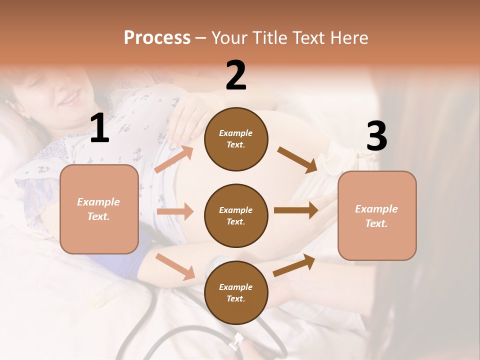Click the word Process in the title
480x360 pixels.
[x=157, y=38]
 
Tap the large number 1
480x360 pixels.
[x=99, y=128]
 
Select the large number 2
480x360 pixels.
[x=236, y=75]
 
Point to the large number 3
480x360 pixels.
[x=376, y=136]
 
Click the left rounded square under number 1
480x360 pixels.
[x=99, y=209]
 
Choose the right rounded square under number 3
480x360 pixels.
[x=377, y=215]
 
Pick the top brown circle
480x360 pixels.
[x=236, y=139]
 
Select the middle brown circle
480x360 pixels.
[x=236, y=215]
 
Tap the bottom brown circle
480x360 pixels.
[x=236, y=292]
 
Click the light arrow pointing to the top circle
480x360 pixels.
[x=174, y=159]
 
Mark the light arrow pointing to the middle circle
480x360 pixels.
[x=175, y=211]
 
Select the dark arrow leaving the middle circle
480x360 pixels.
[x=296, y=210]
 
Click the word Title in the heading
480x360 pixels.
[x=270, y=38]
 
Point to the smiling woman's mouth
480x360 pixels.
[x=70, y=98]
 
